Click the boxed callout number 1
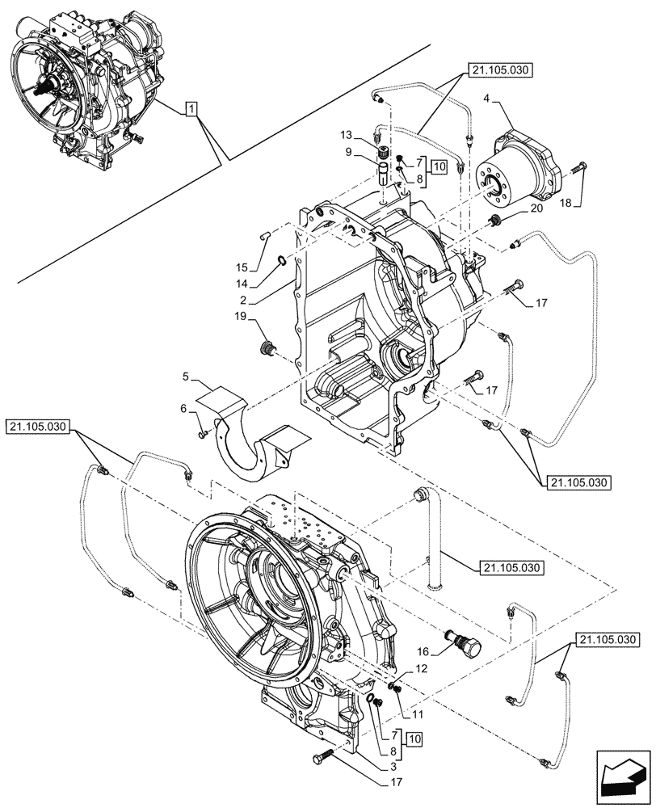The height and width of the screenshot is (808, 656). (191, 108)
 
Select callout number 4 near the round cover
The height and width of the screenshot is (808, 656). (487, 99)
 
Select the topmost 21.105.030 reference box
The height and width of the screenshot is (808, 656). (499, 71)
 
